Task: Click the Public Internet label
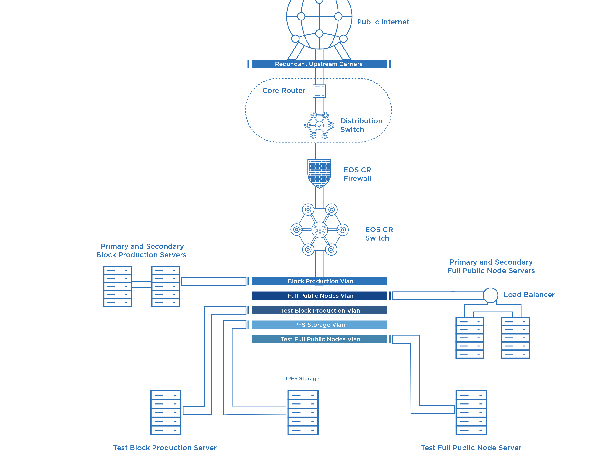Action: click(383, 22)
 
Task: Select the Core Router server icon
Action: click(319, 91)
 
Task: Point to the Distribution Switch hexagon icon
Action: click(319, 125)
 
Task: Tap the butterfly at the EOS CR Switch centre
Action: click(320, 230)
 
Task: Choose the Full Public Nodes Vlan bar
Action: click(320, 296)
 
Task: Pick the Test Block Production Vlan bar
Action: click(320, 310)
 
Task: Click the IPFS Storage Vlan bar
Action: click(320, 325)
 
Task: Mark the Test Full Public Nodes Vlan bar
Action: click(320, 339)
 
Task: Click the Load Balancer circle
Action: click(490, 295)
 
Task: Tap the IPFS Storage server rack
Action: click(303, 412)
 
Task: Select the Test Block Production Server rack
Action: click(166, 412)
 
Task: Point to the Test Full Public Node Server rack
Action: click(471, 412)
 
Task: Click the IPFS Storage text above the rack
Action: click(302, 378)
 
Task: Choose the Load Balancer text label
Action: click(529, 295)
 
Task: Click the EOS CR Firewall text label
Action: click(357, 174)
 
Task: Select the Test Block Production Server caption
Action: click(165, 448)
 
